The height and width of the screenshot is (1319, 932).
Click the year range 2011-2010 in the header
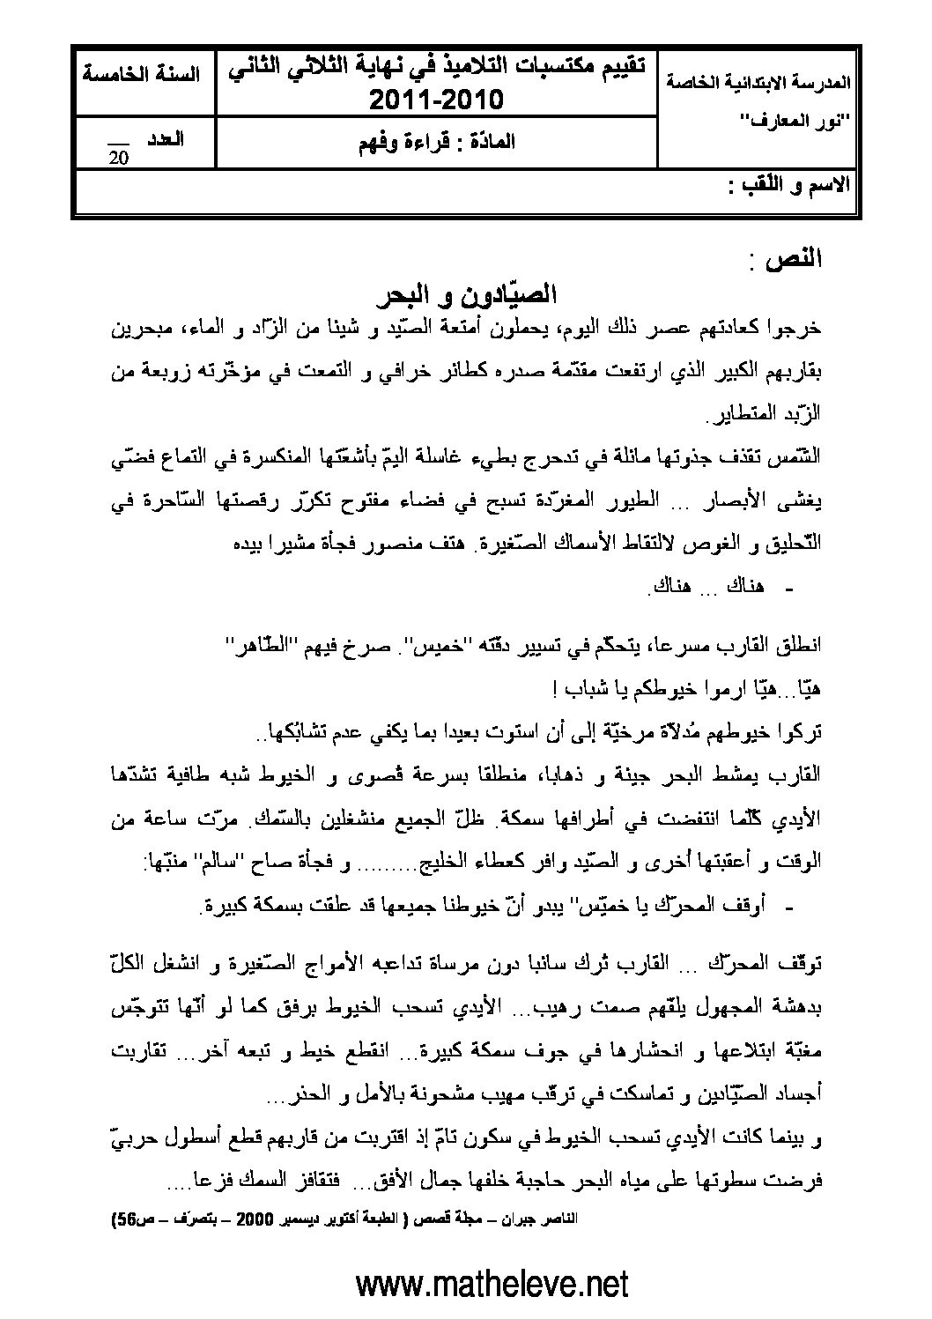(435, 100)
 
